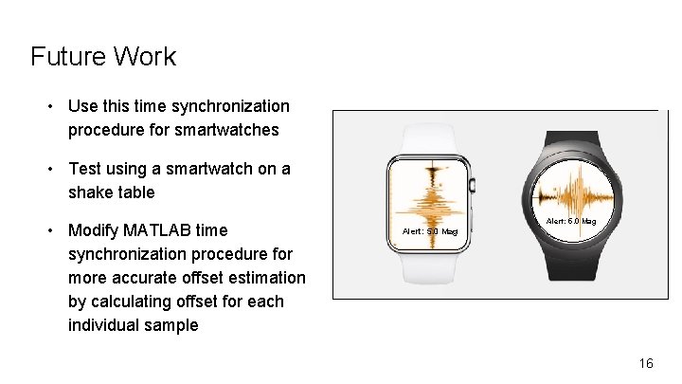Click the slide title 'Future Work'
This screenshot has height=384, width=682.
point(102,57)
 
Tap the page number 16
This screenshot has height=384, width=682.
point(646,363)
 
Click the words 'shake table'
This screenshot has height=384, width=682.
point(111,192)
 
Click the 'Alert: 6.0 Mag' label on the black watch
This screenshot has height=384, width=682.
point(571,221)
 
